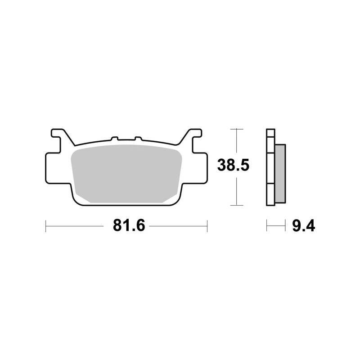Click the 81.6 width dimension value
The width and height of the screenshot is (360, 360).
coord(129,226)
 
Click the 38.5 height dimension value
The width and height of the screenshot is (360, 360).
coord(233,165)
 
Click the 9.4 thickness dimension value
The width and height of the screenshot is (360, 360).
coord(303,226)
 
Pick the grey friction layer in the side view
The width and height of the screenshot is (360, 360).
coord(280,174)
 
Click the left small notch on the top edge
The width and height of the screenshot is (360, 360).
coord(115,138)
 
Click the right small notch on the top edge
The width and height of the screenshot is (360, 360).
coord(138,138)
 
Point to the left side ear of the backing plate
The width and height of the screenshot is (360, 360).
coord(53,168)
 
